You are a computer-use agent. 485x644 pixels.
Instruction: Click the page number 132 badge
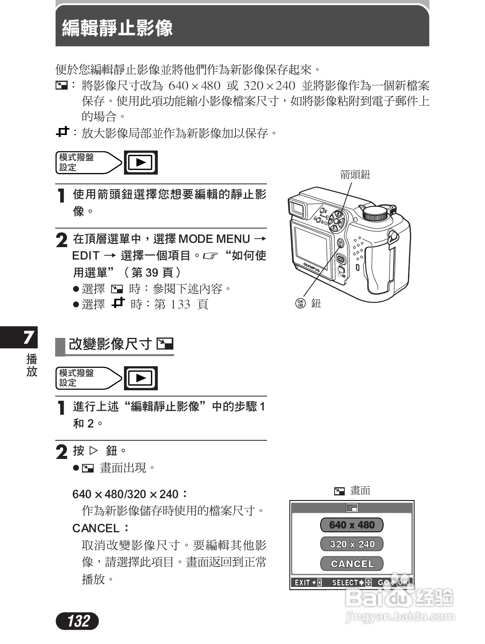point(77,621)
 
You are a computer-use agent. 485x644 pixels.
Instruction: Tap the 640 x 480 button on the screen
point(351,525)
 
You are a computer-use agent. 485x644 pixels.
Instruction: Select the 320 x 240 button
point(351,544)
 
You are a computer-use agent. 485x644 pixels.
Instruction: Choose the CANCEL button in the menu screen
point(351,563)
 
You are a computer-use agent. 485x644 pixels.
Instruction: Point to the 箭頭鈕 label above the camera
point(355,175)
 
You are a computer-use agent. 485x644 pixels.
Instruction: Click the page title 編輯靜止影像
point(117,28)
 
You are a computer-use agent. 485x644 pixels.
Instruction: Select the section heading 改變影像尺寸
point(110,344)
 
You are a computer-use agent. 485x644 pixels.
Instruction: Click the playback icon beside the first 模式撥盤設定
point(141,162)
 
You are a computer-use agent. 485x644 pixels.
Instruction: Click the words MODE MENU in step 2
point(214,239)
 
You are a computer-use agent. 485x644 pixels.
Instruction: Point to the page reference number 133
point(180,304)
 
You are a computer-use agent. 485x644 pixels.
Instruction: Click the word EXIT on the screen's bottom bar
point(302,582)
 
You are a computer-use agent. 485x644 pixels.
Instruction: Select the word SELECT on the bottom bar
point(345,582)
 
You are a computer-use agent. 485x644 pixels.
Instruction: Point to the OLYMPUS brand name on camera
point(312,267)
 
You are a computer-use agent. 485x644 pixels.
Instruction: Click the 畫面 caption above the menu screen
point(360,491)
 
